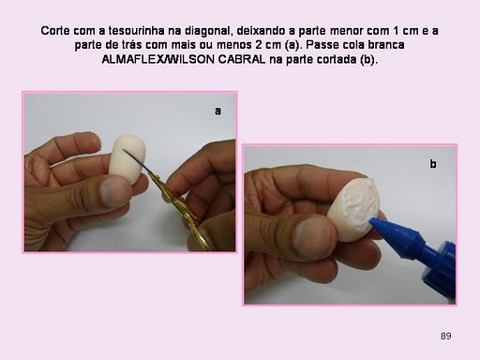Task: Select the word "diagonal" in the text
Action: pos(208,31)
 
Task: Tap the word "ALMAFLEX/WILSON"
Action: pos(158,59)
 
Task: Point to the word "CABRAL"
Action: pos(242,59)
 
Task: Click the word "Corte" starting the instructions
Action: pos(55,31)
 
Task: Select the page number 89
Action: pos(446,336)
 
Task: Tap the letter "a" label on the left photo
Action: pos(217,112)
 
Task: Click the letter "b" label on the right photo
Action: pos(433,164)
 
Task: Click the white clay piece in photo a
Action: pos(127,158)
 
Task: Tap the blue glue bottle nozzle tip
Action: pos(372,221)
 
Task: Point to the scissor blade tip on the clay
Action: pos(124,150)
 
